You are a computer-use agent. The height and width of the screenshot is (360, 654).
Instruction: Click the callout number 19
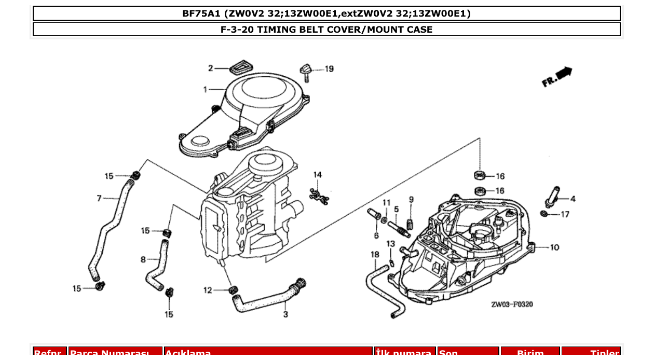(x=329, y=69)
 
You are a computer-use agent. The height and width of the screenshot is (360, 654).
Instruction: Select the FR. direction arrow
(x=557, y=77)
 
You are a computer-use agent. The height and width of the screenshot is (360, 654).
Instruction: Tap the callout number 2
(x=211, y=68)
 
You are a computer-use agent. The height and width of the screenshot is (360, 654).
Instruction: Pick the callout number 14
(x=317, y=175)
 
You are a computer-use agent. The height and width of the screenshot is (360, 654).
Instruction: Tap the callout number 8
(x=143, y=259)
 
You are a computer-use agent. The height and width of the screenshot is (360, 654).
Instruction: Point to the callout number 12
(x=208, y=290)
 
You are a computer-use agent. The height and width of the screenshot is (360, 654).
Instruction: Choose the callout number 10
(x=554, y=247)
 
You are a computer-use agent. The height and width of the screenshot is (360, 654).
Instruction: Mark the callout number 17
(x=565, y=214)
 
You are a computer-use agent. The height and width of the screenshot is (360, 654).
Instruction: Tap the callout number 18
(x=375, y=254)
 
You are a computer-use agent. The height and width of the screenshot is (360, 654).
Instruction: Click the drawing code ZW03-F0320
(x=511, y=304)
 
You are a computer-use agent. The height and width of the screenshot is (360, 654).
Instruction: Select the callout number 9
(x=411, y=199)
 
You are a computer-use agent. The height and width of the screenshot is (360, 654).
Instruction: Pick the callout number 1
(x=206, y=89)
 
